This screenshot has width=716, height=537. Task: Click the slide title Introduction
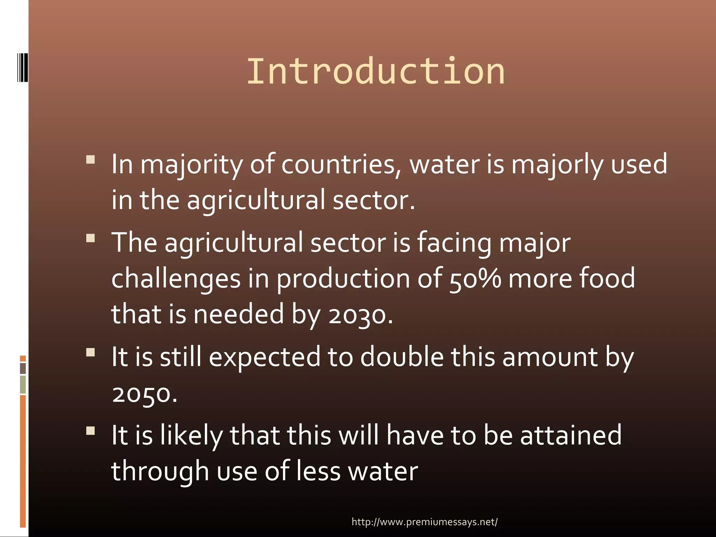coord(375,72)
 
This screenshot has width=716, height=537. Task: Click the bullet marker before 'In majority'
coord(91,160)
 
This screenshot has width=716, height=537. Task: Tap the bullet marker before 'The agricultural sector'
coord(91,238)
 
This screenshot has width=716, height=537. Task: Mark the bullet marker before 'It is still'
coord(91,352)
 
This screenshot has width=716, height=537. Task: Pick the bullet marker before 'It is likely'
coord(91,430)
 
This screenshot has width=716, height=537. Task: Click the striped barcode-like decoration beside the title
coord(23,67)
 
